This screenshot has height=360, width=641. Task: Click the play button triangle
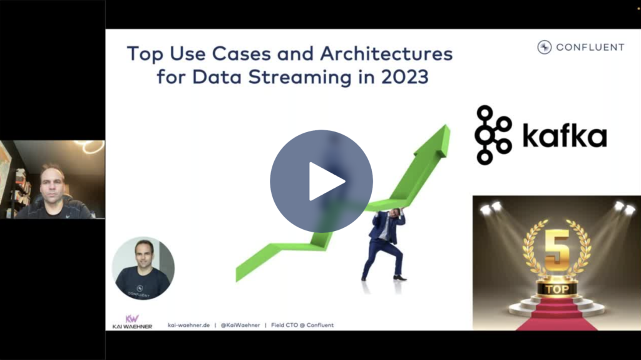[325, 182]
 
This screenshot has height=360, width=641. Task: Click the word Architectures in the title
[386, 54]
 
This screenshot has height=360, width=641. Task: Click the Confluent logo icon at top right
[544, 47]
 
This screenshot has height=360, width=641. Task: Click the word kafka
[564, 136]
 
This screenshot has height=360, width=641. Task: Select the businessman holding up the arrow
[384, 244]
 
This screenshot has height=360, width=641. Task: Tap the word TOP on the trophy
[556, 290]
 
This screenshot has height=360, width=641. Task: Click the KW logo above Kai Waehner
[132, 318]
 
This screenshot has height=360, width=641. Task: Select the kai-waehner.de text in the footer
[188, 325]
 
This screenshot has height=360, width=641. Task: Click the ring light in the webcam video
[93, 147]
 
